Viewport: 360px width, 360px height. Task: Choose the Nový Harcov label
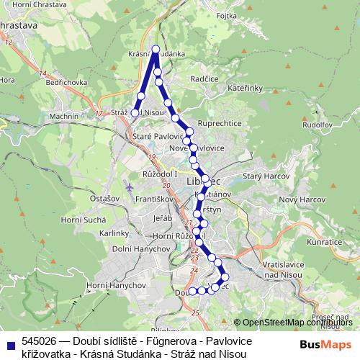pos(297,199)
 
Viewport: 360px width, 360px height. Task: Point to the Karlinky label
pos(114,233)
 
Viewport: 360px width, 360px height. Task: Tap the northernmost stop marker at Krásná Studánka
pos(156,49)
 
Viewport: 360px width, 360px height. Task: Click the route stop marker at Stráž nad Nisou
pos(135,112)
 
